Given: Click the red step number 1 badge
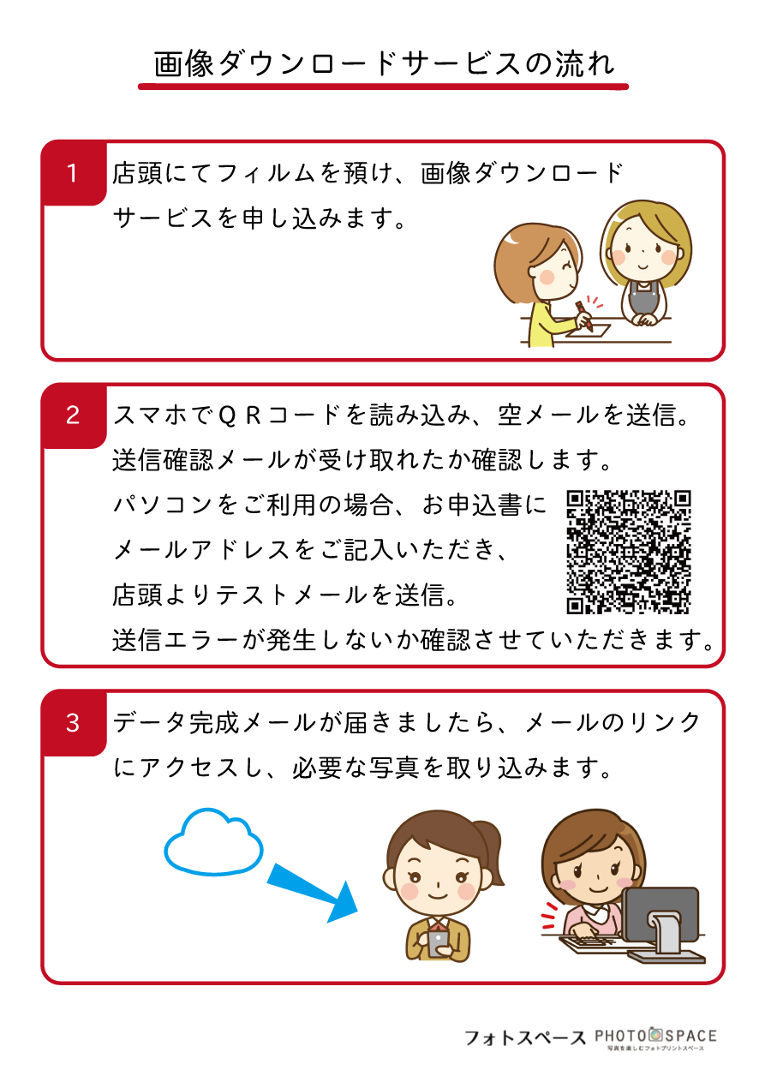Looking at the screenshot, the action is click(x=74, y=173).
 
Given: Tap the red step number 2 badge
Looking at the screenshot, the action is click(x=74, y=415).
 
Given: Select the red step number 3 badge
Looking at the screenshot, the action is click(x=74, y=723).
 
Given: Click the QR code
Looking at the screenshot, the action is click(x=628, y=552).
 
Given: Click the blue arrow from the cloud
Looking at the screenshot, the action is click(x=312, y=892).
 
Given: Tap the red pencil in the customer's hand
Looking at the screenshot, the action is click(x=583, y=315).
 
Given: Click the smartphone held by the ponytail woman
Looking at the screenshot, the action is click(x=438, y=941).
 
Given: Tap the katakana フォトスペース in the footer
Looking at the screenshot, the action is click(x=524, y=1037).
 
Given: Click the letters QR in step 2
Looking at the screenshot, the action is click(x=240, y=415).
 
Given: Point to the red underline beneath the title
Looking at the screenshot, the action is click(x=383, y=87).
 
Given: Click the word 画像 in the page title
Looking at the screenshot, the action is click(x=183, y=63).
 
